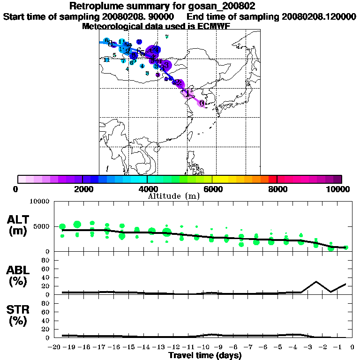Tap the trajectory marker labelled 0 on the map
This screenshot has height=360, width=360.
coord(202,103)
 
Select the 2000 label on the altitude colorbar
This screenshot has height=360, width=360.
coord(82,189)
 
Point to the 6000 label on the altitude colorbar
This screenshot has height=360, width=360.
coord(212,189)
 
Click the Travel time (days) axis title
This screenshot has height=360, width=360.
coord(205,355)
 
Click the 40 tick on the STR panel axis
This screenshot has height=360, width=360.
coord(46,321)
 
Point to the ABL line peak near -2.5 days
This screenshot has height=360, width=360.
coord(316,282)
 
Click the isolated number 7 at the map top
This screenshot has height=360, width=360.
coord(167,37)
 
